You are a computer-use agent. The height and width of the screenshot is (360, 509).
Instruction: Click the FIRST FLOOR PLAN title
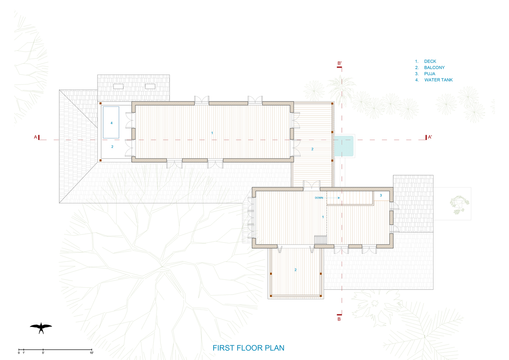click(248, 348)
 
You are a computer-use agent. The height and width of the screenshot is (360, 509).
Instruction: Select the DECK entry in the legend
click(430, 62)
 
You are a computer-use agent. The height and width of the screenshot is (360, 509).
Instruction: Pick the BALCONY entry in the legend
click(434, 68)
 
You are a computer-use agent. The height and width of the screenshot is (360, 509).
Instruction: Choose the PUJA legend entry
click(430, 74)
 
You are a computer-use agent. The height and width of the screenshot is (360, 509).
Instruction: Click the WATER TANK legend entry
click(438, 80)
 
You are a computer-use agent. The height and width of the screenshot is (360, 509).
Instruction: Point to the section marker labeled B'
click(339, 64)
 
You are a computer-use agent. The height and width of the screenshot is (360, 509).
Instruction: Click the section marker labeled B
click(339, 318)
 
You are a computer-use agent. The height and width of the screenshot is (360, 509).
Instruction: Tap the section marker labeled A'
click(428, 137)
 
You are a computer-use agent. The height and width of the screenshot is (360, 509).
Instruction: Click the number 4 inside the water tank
click(112, 123)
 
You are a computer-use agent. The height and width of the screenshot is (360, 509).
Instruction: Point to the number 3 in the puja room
click(381, 195)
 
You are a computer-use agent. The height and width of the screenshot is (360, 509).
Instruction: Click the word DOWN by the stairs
click(319, 198)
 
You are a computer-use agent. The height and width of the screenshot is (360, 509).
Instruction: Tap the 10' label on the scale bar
click(92, 353)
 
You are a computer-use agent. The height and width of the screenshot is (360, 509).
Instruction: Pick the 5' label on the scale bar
click(43, 353)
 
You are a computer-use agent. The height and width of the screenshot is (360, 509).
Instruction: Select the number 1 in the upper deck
click(212, 133)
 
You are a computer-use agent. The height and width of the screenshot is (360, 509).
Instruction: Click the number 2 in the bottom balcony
click(295, 270)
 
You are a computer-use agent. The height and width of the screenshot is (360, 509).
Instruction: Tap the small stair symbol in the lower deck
click(321, 240)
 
